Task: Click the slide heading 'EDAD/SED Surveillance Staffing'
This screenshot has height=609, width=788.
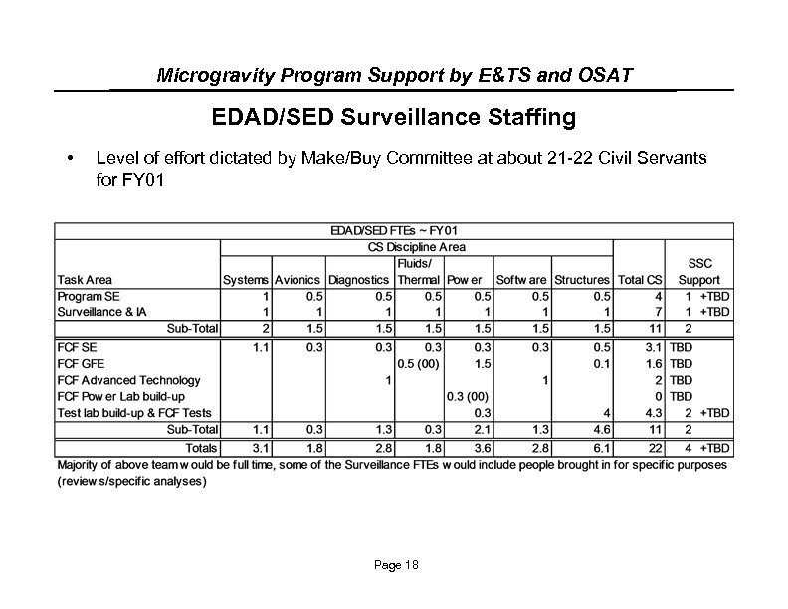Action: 393,118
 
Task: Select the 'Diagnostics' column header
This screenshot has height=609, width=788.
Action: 359,280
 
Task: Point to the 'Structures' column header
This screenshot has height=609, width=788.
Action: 581,280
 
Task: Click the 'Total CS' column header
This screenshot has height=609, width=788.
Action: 640,280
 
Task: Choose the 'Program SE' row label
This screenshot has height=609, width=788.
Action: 88,296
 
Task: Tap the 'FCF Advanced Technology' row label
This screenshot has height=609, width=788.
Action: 128,379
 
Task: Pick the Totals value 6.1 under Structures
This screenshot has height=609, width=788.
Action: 603,448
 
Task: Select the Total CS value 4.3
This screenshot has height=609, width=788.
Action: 653,412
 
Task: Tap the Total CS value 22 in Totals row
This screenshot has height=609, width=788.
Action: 655,448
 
